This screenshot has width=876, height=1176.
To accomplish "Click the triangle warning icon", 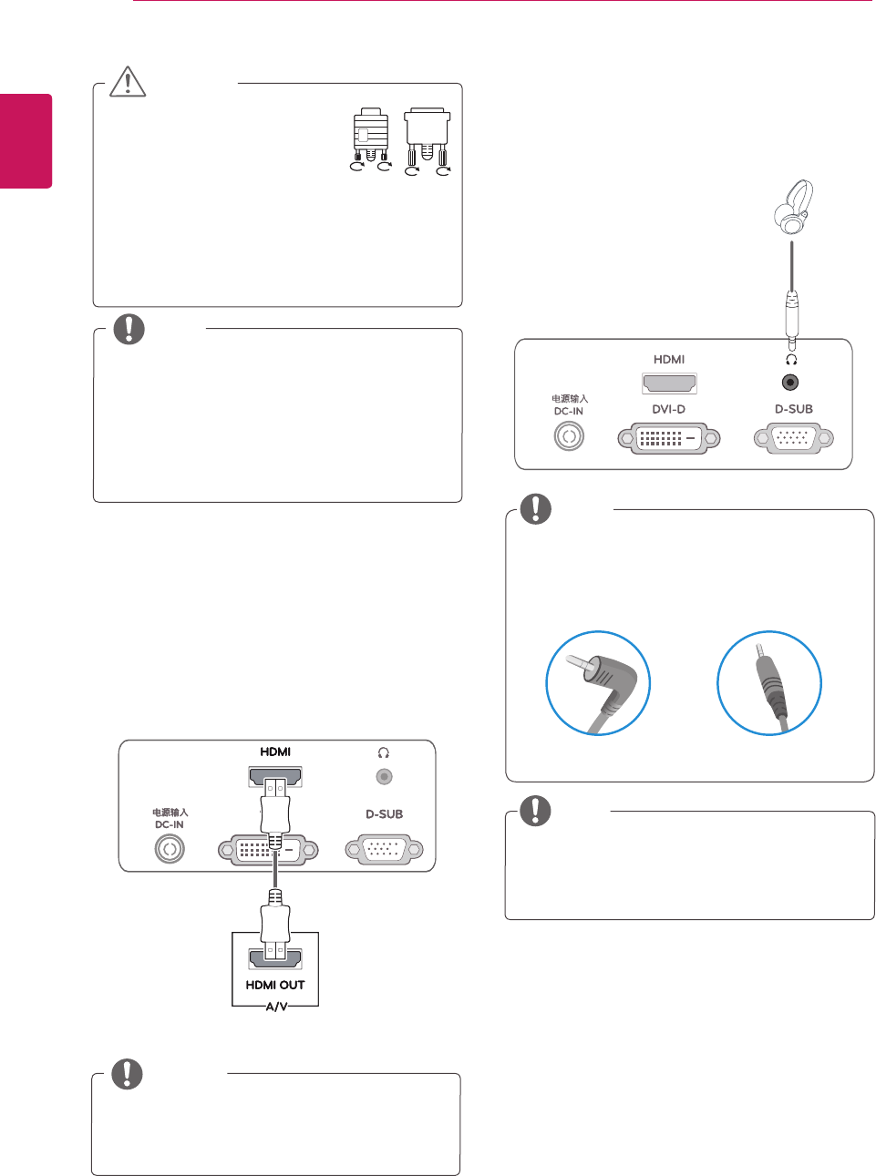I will point(129,81).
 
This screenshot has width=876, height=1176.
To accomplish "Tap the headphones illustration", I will point(793,209).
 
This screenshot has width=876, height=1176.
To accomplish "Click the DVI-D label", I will point(668,410).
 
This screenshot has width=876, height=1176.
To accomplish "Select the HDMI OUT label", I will point(275,985).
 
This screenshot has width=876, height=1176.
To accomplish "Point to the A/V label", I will point(276,1007).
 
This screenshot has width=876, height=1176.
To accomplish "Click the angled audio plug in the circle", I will point(598,683).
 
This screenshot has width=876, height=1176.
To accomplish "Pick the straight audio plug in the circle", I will point(769,683).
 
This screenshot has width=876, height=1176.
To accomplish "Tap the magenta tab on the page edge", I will point(26,141).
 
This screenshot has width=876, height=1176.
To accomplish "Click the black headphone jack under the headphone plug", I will point(791,383).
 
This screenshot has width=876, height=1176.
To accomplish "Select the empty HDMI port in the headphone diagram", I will point(669,383).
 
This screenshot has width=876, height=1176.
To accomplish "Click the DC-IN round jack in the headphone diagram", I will point(569,436).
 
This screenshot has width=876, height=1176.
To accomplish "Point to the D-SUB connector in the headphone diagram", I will point(793,438).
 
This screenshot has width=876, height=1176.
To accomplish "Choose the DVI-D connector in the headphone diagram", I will point(668,438).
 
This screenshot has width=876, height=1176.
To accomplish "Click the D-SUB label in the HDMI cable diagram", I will point(384,814).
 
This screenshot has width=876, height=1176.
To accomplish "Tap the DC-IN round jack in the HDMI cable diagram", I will point(169,849).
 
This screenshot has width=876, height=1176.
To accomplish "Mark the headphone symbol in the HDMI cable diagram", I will point(384,753).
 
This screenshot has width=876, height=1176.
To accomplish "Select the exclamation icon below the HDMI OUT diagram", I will point(127,1074).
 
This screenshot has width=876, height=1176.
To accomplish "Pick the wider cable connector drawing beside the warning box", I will point(428,142).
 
